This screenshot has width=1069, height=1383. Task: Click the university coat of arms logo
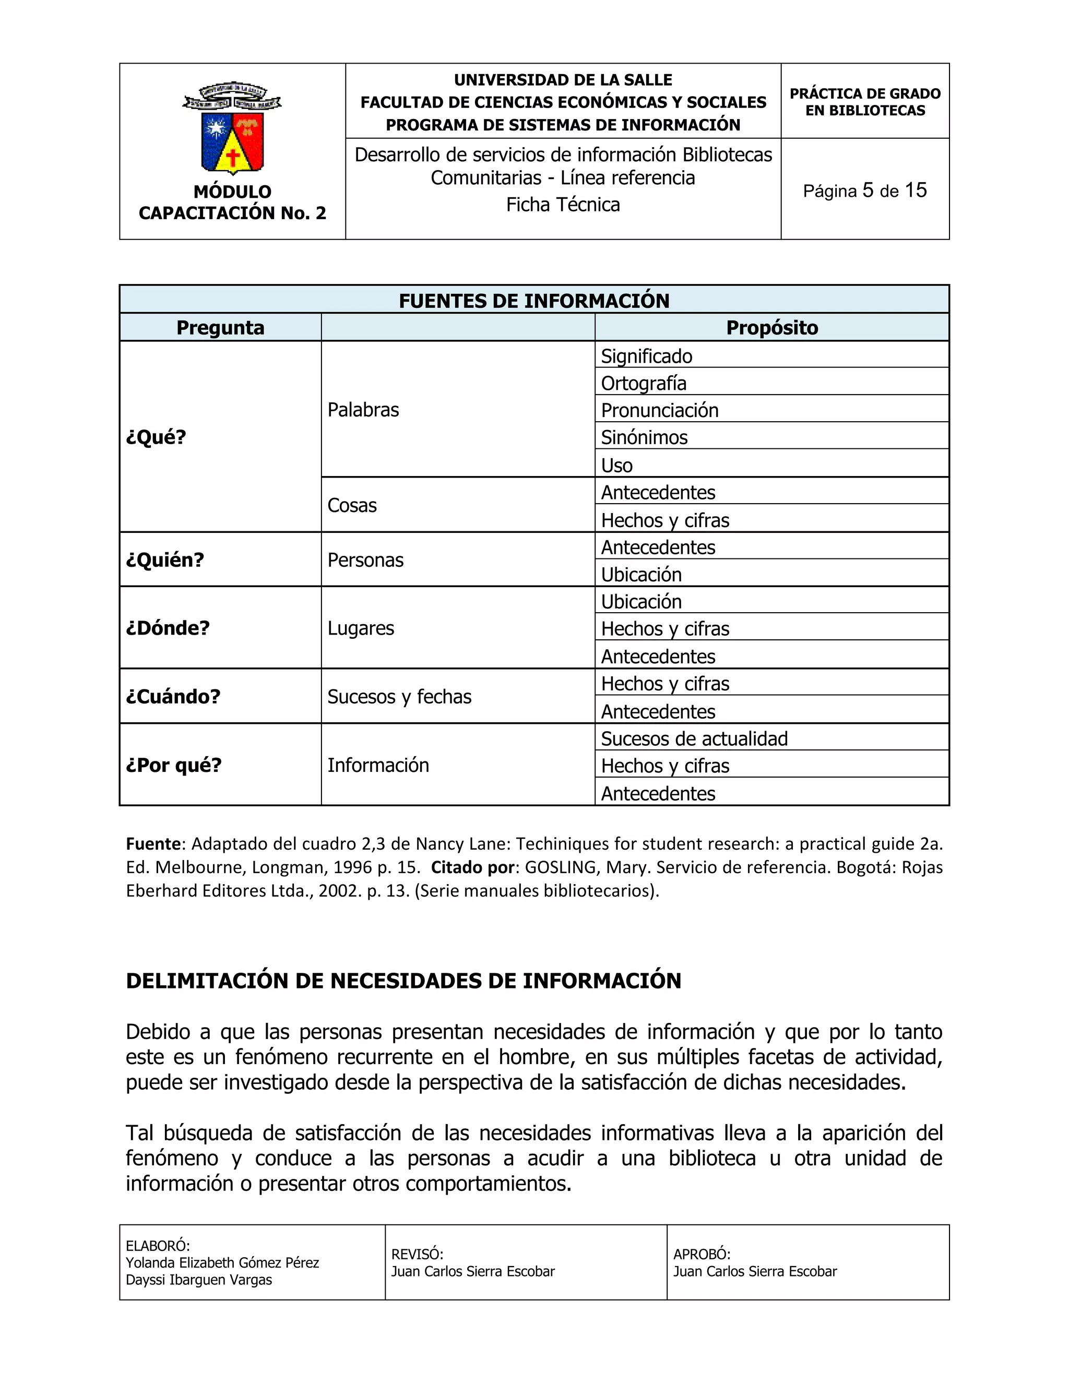pos(232,128)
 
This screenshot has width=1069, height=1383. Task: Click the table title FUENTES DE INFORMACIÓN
pos(534,300)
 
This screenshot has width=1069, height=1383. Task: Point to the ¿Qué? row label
pos(156,437)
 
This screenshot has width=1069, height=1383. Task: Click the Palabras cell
pos(363,410)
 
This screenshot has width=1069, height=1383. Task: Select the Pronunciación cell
pos(659,410)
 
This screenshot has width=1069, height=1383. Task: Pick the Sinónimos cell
pos(644,437)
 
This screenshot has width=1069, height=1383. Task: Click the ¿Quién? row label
pos(164,560)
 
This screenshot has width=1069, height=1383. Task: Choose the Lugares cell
pos(360,628)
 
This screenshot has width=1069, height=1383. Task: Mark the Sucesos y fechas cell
pos(399,697)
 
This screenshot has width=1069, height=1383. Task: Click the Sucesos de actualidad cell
pos(694,738)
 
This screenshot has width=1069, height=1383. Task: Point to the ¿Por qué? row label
pos(173,765)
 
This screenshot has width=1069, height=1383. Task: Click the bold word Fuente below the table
pos(154,844)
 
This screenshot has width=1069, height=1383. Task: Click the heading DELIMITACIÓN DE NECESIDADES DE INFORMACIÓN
pos(403,981)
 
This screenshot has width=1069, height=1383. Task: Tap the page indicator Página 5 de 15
pos(864,190)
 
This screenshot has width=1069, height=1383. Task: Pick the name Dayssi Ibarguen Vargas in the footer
pos(199,1280)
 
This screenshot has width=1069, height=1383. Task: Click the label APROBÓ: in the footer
pos(702,1255)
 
